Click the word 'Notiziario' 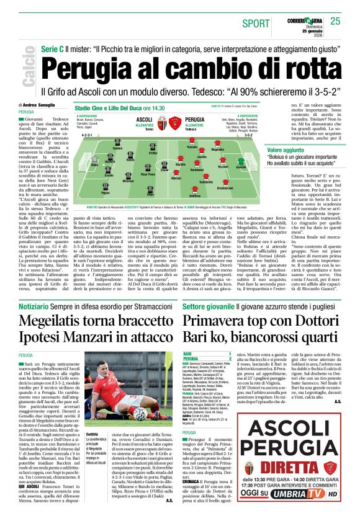tap(35, 285)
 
